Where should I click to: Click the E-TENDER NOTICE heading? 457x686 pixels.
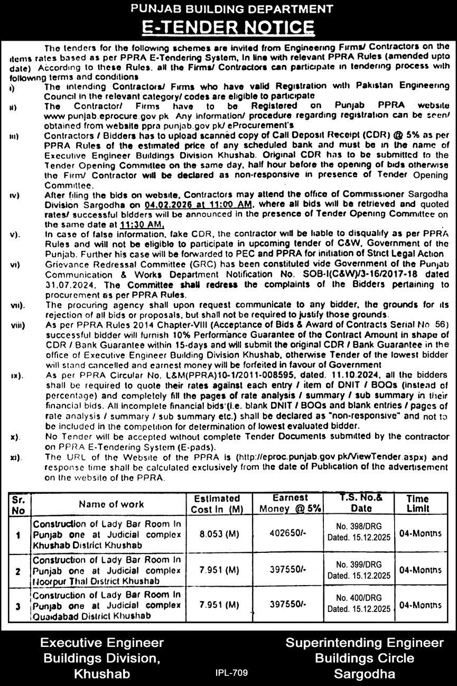pos(228,27)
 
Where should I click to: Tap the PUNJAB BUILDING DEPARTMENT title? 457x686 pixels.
pos(228,8)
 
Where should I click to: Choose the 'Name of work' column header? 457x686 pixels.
pos(111,504)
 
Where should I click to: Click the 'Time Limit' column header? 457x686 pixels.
pos(418,503)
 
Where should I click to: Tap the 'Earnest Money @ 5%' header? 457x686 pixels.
pos(290,503)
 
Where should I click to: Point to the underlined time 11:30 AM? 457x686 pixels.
pos(142,224)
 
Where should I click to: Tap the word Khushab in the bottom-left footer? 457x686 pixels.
pos(102,674)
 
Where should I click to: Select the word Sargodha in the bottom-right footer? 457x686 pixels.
pos(365,674)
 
